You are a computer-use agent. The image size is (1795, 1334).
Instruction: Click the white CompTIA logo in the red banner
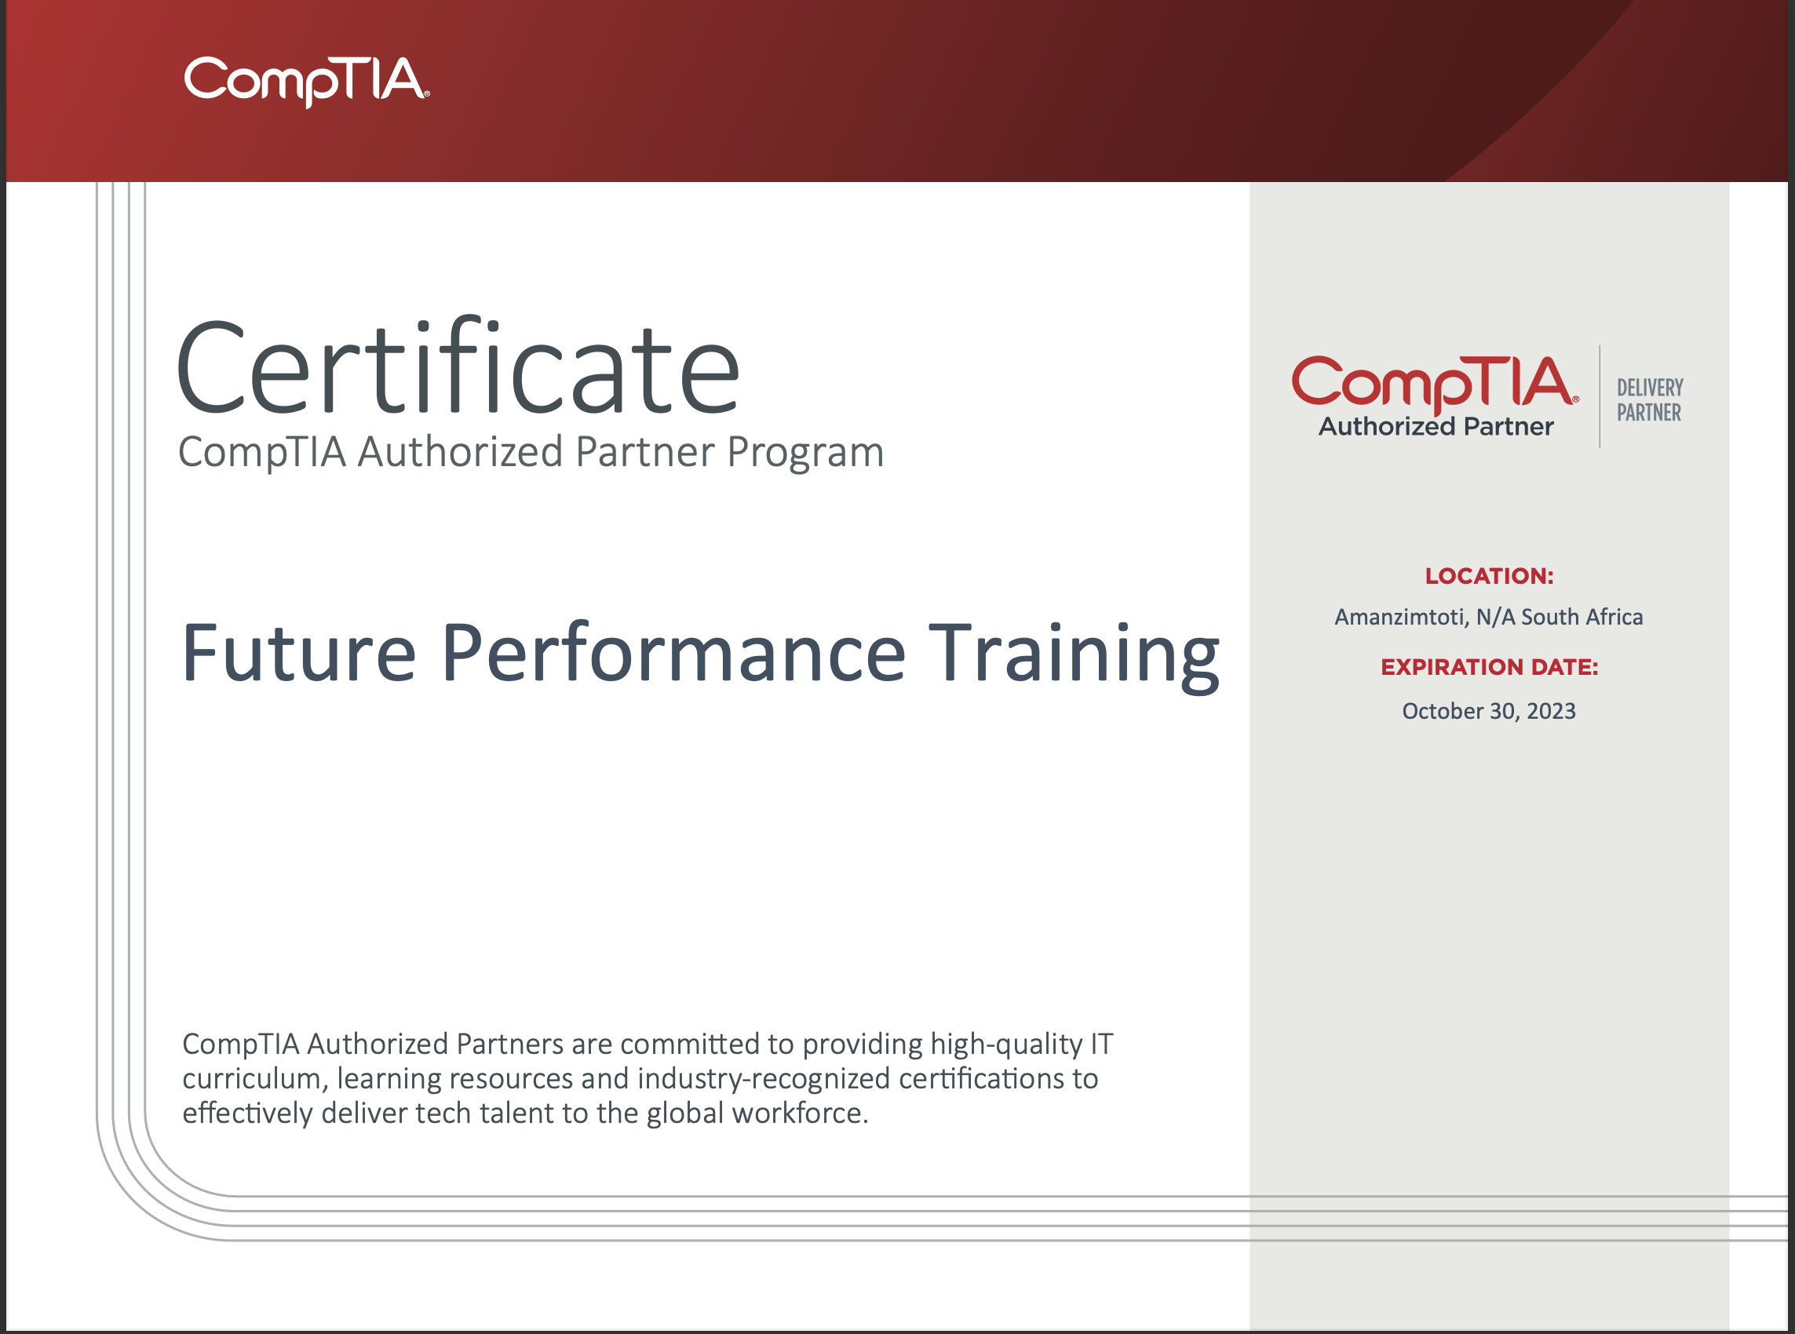click(307, 82)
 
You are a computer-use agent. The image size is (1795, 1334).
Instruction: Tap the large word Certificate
click(458, 366)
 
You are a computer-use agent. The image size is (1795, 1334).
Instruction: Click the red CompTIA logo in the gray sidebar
click(1435, 383)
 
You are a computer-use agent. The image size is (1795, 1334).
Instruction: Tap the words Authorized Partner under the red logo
click(1436, 426)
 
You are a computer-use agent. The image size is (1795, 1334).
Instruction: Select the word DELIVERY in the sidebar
click(1650, 388)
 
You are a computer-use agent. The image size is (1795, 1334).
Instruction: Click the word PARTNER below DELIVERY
click(1649, 413)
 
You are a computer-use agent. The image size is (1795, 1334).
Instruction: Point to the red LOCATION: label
click(1489, 576)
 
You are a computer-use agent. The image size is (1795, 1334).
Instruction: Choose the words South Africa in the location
click(1582, 617)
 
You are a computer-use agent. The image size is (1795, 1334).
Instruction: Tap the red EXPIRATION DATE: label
click(1489, 667)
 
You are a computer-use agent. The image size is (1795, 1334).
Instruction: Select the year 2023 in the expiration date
click(1551, 711)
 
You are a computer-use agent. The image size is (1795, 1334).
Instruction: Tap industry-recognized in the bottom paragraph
click(764, 1080)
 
